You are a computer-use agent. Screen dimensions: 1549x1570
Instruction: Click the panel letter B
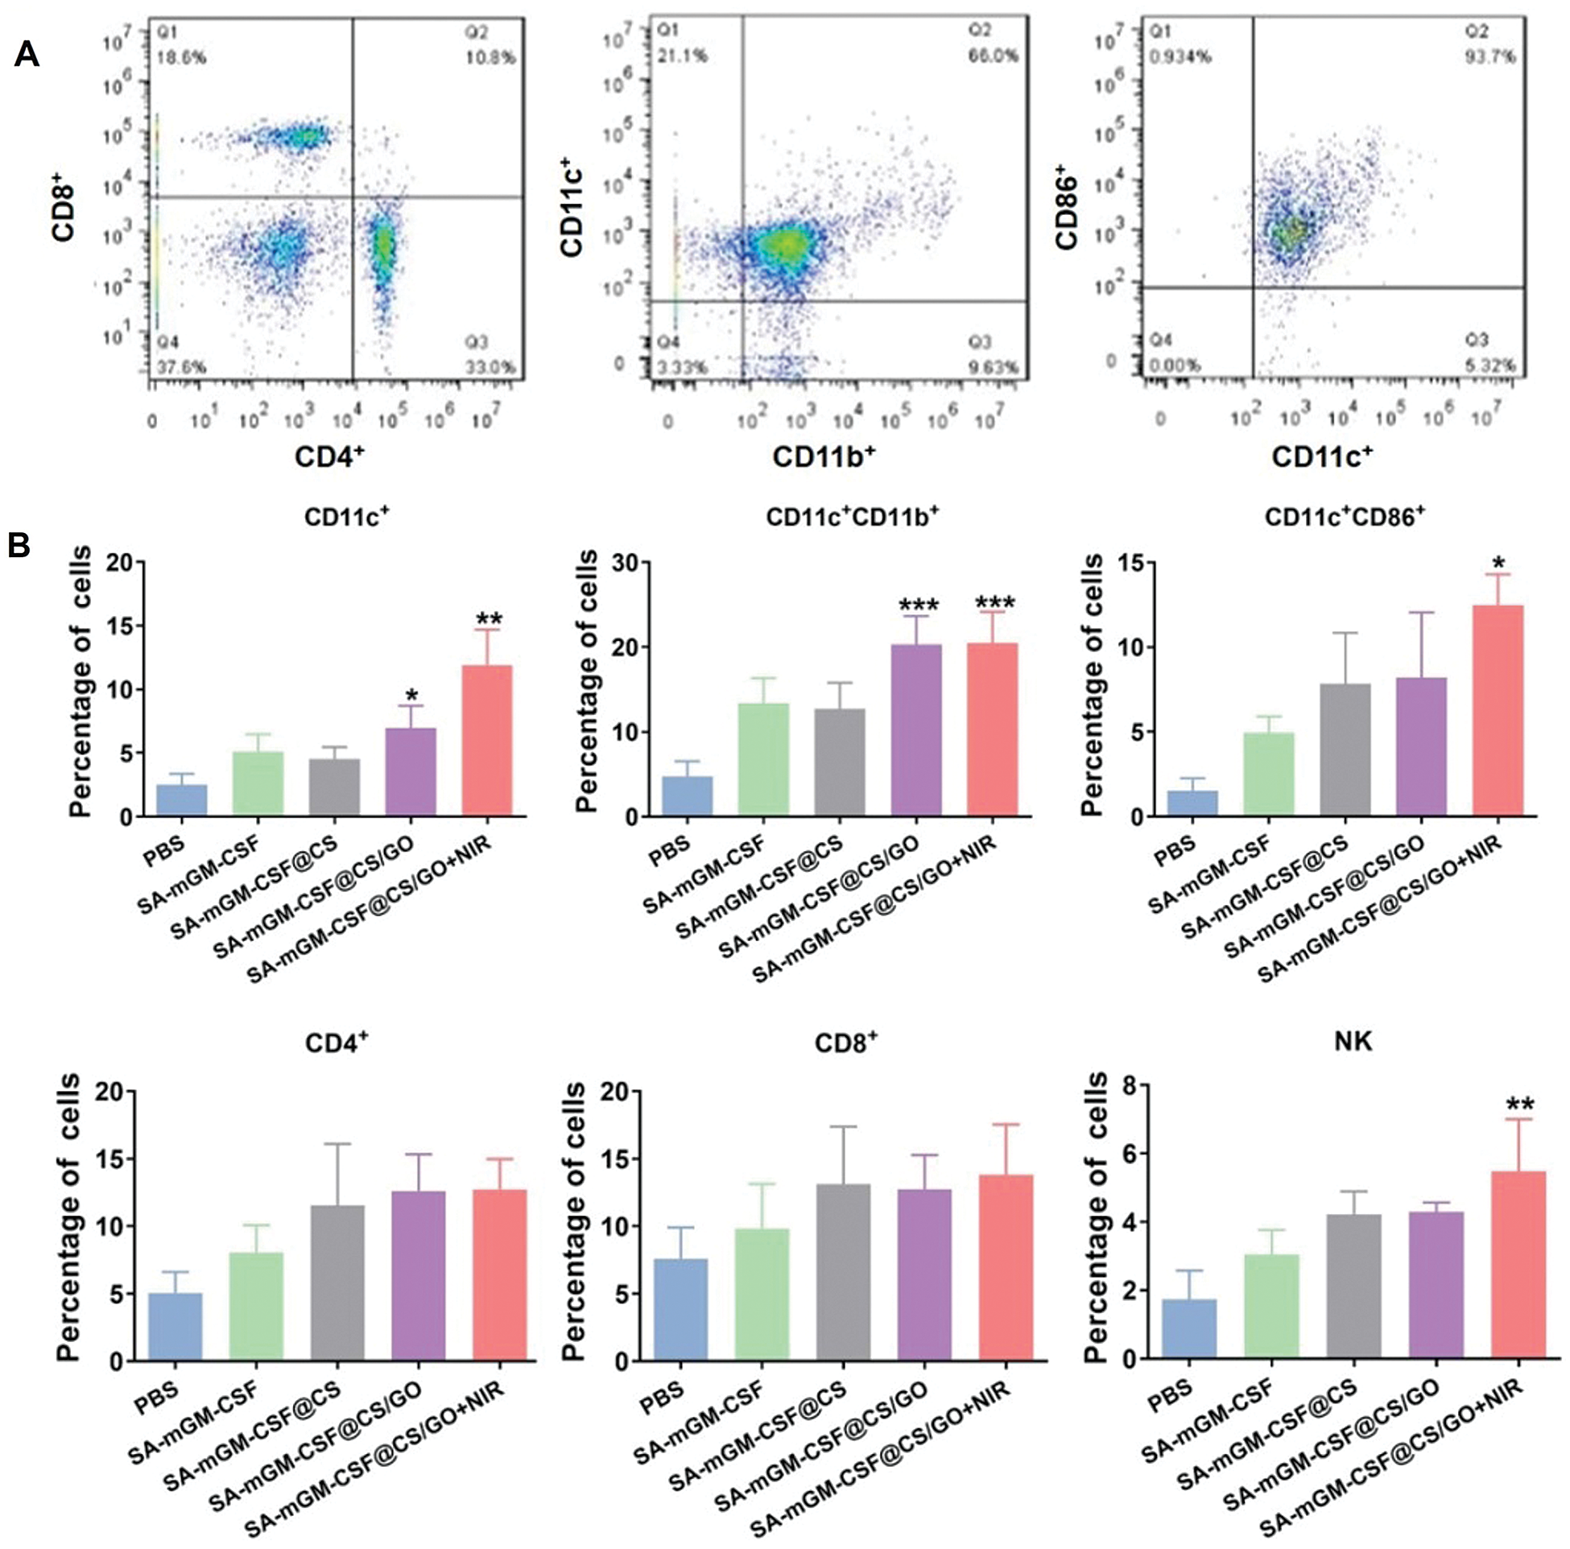point(19,545)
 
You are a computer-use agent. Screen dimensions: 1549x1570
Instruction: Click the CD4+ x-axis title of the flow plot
point(329,456)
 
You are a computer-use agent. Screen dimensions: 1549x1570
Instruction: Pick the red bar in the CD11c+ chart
point(487,740)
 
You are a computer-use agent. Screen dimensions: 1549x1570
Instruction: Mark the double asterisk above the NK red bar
point(1519,1105)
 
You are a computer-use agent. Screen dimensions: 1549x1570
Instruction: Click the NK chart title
point(1353,1042)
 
